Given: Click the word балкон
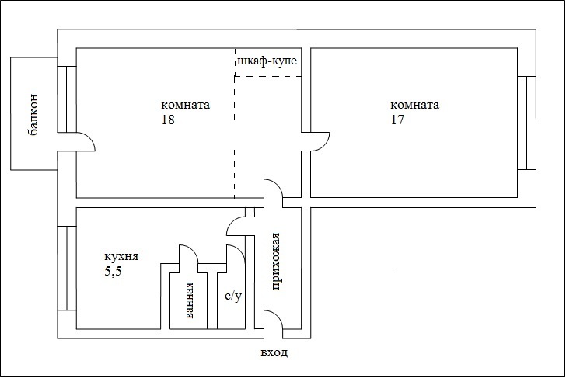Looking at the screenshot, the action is click(x=33, y=115).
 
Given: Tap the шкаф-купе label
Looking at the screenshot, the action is click(x=267, y=61).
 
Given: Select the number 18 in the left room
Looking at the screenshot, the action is click(x=168, y=120).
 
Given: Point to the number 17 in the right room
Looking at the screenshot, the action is click(x=397, y=120).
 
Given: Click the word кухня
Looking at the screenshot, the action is click(x=121, y=257).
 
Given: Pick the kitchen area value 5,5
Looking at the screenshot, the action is click(x=113, y=272).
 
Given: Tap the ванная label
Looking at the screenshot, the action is click(x=189, y=300).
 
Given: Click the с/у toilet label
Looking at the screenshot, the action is click(x=233, y=297).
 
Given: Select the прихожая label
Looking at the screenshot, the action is click(x=275, y=262).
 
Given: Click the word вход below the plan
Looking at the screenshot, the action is click(x=274, y=352).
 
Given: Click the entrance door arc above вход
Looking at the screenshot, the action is click(x=278, y=315).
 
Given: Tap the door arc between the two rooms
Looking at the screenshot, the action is click(x=324, y=144).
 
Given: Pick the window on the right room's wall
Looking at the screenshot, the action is click(x=526, y=123).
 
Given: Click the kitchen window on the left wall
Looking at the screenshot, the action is click(x=67, y=268).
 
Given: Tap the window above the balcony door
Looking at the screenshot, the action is click(x=67, y=99).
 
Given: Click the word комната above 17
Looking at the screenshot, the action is click(x=414, y=105).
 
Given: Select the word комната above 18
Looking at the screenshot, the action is click(x=185, y=105).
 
